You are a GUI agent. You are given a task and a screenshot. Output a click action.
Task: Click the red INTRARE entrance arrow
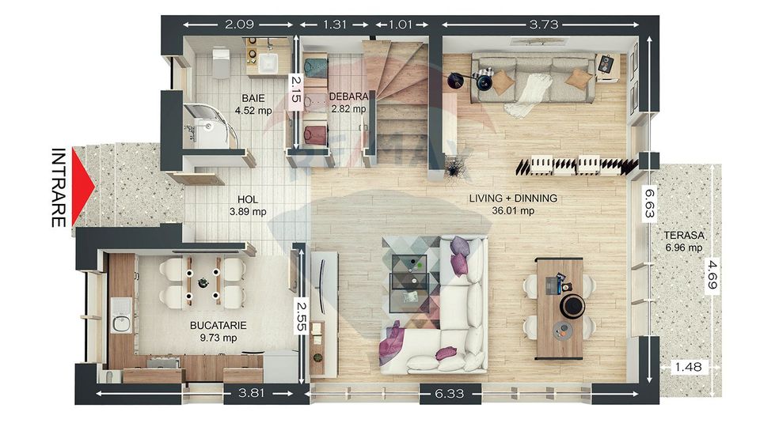pos(82,187)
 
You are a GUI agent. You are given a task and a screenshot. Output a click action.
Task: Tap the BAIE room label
pos(253,98)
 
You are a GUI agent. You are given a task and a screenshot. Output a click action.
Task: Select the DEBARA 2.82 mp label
pos(348,103)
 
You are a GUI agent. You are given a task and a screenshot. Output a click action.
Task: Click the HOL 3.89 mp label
pos(248,206)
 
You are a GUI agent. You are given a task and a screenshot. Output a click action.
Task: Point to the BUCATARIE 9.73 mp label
pos(218,331)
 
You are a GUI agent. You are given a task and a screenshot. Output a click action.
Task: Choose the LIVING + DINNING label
pos(513,198)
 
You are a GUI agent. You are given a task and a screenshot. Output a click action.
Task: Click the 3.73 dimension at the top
pos(544,25)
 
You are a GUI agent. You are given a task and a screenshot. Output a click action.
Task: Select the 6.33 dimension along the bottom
pos(450,394)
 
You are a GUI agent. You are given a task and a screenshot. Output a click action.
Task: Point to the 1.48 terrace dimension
pos(688,367)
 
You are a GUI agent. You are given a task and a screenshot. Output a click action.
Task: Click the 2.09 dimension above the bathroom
pos(239,25)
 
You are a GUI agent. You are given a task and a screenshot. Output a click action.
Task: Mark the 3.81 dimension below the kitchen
pos(251,393)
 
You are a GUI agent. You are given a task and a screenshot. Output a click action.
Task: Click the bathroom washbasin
pos(268,63)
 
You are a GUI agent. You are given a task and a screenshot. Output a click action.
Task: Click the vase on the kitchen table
pos(202,282)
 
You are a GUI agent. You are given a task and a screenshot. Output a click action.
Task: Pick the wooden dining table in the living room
pos(560,309)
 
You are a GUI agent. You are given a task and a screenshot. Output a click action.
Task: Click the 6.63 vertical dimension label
pos(649,203)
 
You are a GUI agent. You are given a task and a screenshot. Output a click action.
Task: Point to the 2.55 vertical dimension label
pos(301,316)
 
